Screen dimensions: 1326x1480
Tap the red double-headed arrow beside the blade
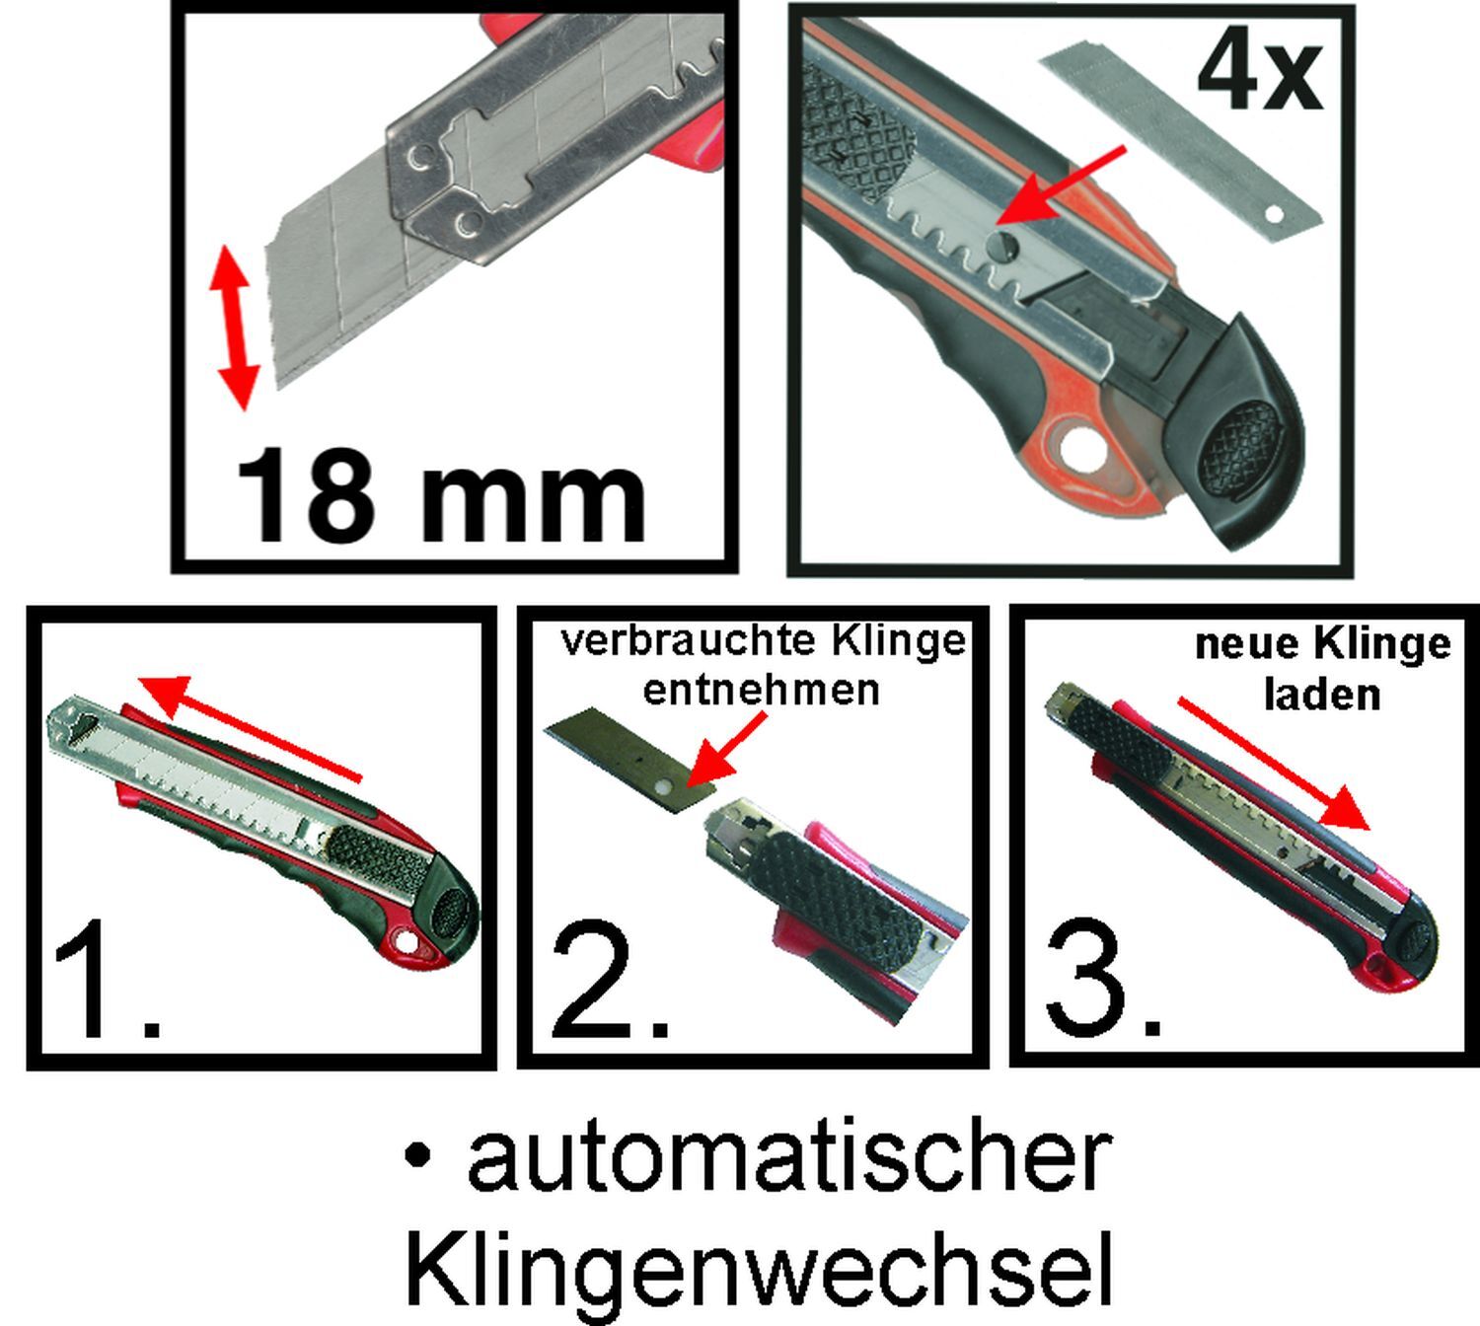pos(236,327)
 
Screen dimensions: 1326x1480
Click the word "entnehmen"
pos(760,689)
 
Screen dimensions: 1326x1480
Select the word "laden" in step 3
pos(1321,695)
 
